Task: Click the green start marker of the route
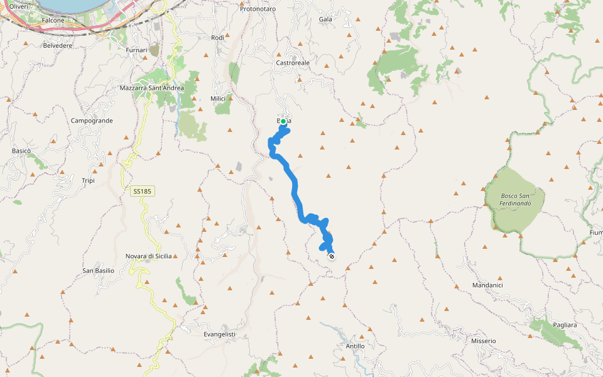283,121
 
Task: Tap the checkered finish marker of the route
331,256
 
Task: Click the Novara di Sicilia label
149,256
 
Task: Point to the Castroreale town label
293,63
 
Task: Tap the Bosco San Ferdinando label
516,199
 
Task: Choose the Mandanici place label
487,285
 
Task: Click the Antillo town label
355,346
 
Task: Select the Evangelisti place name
219,334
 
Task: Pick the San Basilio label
99,271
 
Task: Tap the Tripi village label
88,181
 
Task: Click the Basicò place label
21,151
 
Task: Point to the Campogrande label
92,120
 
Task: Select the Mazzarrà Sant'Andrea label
151,88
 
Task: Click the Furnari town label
136,50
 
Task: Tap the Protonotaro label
258,9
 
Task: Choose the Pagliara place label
565,325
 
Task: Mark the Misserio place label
484,341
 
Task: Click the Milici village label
218,99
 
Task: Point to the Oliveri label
18,6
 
